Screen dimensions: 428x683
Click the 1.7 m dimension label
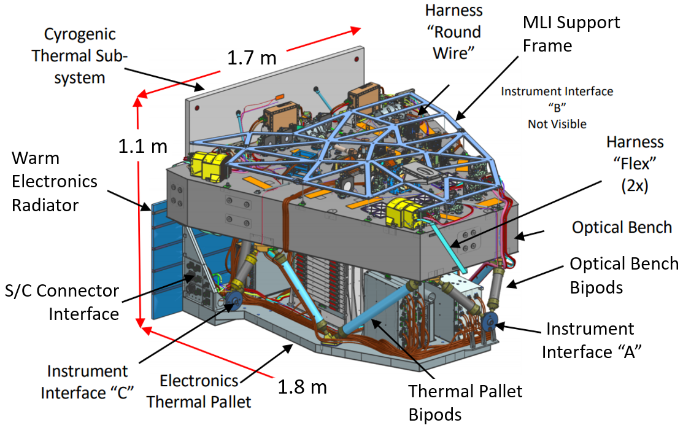(252, 58)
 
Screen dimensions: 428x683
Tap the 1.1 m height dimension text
(142, 146)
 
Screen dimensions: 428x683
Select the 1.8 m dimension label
(301, 387)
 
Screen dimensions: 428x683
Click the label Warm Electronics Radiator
(54, 181)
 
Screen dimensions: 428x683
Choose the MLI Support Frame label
(571, 34)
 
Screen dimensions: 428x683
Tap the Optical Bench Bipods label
(624, 274)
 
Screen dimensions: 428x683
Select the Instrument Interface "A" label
(590, 340)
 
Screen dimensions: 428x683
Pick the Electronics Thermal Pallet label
(206, 391)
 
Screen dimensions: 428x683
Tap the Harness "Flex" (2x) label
(635, 165)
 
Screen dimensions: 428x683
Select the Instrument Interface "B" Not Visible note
(557, 107)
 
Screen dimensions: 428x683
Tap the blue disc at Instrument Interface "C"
(233, 301)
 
